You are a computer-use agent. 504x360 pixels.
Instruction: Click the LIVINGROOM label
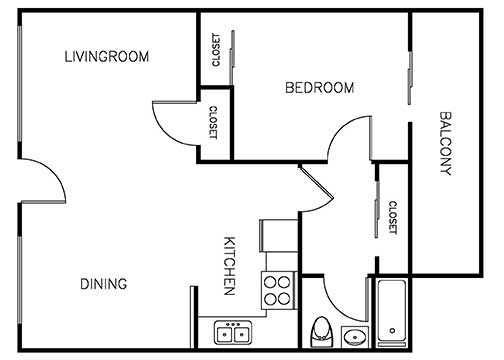pyautogui.click(x=106, y=57)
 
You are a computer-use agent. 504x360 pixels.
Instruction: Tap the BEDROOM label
pyautogui.click(x=319, y=88)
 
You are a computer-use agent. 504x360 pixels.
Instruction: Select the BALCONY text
pyautogui.click(x=446, y=142)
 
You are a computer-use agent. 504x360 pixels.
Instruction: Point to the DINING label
pyautogui.click(x=104, y=284)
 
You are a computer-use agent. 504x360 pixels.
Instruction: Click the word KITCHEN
pyautogui.click(x=229, y=265)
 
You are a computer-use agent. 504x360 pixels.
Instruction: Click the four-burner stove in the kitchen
pyautogui.click(x=277, y=290)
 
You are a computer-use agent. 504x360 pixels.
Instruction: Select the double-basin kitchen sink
pyautogui.click(x=232, y=331)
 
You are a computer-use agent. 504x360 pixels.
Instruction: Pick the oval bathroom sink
pyautogui.click(x=354, y=335)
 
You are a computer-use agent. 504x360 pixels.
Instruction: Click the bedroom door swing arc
pyautogui.click(x=351, y=135)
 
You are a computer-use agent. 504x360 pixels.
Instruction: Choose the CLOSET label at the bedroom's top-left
pyautogui.click(x=216, y=50)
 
